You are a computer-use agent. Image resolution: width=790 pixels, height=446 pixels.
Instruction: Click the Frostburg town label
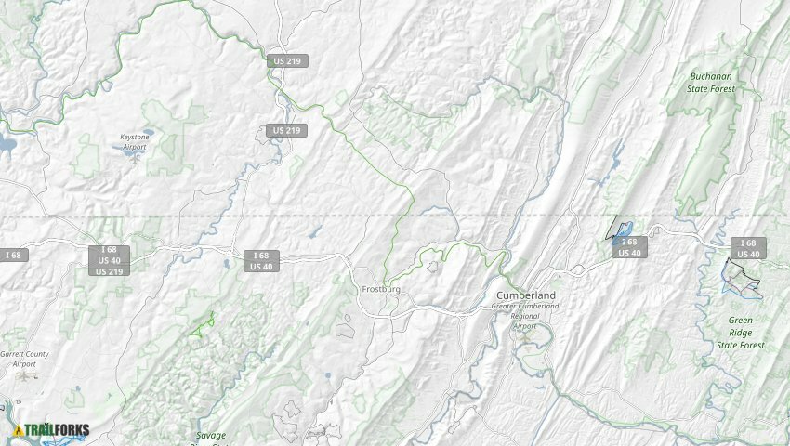pyautogui.click(x=380, y=290)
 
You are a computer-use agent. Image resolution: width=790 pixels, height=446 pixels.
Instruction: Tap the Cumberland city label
pyautogui.click(x=525, y=295)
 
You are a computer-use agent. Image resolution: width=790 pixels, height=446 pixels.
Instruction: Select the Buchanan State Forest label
pyautogui.click(x=711, y=83)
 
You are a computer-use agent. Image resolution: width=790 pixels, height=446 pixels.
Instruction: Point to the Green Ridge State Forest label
pyautogui.click(x=740, y=332)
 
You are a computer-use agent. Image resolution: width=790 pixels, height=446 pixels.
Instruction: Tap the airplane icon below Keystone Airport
pyautogui.click(x=136, y=156)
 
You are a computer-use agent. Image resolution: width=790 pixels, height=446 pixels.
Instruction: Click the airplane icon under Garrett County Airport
pyautogui.click(x=24, y=376)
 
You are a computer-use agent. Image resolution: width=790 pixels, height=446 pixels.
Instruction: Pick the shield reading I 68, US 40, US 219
pyautogui.click(x=110, y=260)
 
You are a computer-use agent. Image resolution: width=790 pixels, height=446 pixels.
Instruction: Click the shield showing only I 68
pyautogui.click(x=14, y=255)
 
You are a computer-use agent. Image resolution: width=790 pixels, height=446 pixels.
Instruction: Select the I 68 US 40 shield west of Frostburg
pyautogui.click(x=261, y=261)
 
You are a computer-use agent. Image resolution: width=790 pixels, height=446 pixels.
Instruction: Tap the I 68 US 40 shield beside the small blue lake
pyautogui.click(x=628, y=247)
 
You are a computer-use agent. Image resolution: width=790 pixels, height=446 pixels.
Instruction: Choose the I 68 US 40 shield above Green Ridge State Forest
pyautogui.click(x=748, y=248)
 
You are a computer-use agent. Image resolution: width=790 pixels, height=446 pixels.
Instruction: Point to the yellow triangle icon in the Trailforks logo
pyautogui.click(x=18, y=430)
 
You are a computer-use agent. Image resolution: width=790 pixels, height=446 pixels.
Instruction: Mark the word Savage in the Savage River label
pyautogui.click(x=211, y=435)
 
